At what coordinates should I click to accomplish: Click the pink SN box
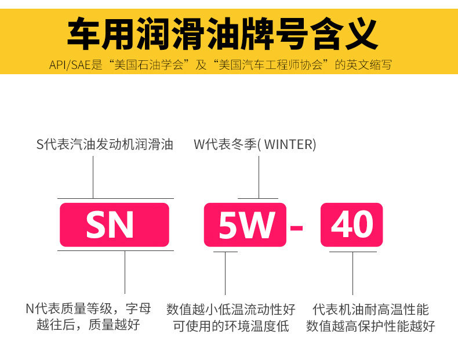114,224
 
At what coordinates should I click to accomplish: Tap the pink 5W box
245,224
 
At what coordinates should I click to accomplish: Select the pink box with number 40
351,224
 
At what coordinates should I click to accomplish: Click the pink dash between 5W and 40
296,226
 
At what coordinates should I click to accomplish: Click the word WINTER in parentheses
290,144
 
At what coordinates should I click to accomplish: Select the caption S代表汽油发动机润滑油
105,144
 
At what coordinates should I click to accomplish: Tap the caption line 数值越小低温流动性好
231,309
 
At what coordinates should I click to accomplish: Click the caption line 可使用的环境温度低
231,326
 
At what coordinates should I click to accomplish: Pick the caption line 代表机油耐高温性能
370,309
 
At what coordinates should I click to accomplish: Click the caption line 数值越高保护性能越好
370,326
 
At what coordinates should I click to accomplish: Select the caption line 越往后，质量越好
88,324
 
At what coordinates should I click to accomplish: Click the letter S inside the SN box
97,225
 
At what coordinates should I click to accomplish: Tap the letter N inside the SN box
123,225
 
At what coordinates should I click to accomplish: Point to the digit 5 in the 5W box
228,225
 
